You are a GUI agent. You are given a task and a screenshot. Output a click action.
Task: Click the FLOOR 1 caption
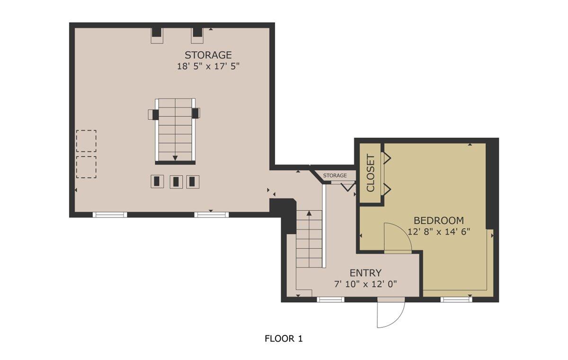pyautogui.click(x=283, y=339)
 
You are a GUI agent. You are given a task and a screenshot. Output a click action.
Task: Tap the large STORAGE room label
pyautogui.click(x=208, y=55)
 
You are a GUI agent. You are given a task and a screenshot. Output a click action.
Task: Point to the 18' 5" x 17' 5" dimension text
pyautogui.click(x=208, y=66)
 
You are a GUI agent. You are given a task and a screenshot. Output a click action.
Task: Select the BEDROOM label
pyautogui.click(x=438, y=220)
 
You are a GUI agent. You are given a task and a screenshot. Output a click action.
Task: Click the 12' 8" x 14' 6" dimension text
pyautogui.click(x=438, y=232)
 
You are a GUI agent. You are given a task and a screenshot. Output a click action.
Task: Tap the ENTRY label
pyautogui.click(x=365, y=273)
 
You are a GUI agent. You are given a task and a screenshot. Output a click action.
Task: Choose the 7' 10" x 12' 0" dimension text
pyautogui.click(x=365, y=284)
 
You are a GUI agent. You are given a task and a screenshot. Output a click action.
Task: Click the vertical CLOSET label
pyautogui.click(x=371, y=173)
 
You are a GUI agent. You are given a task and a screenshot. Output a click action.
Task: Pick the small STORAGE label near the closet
pyautogui.click(x=335, y=176)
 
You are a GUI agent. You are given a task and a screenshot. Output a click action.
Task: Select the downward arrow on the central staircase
pyautogui.click(x=175, y=158)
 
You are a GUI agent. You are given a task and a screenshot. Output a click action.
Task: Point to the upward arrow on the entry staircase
pyautogui.click(x=309, y=214)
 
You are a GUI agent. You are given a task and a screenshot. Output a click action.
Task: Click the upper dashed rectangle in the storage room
pyautogui.click(x=86, y=141)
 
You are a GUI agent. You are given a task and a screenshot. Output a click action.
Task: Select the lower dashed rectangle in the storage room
pyautogui.click(x=86, y=167)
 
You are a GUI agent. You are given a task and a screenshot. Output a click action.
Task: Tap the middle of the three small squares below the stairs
pyautogui.click(x=176, y=182)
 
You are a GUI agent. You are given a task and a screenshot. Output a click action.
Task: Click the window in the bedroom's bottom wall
pyautogui.click(x=456, y=299)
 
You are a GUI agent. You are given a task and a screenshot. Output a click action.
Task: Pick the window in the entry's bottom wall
pyautogui.click(x=330, y=299)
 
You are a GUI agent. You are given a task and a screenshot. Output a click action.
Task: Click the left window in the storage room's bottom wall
pyautogui.click(x=110, y=214)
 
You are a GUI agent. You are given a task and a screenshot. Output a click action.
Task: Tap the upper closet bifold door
pyautogui.click(x=386, y=158)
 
